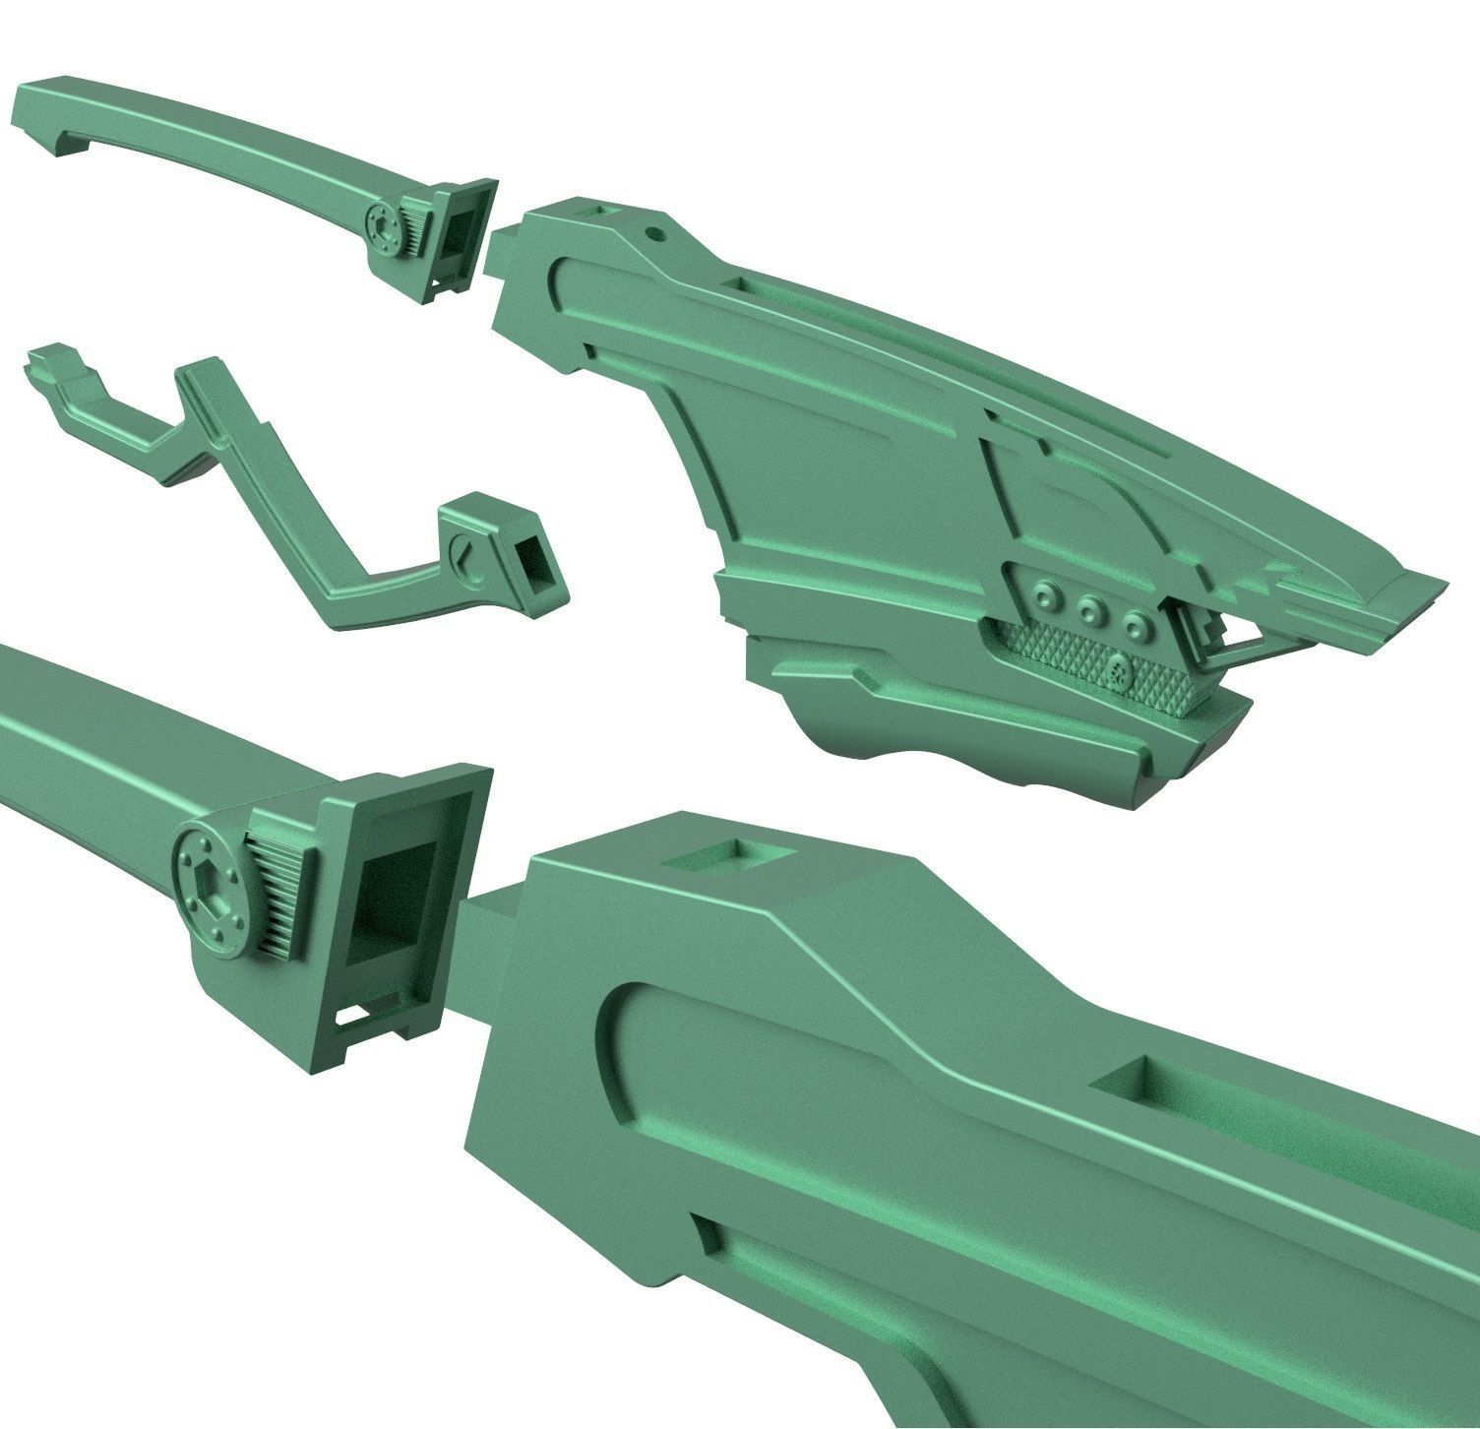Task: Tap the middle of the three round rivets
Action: pos(1088,609)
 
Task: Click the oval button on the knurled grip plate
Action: pos(1118,672)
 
